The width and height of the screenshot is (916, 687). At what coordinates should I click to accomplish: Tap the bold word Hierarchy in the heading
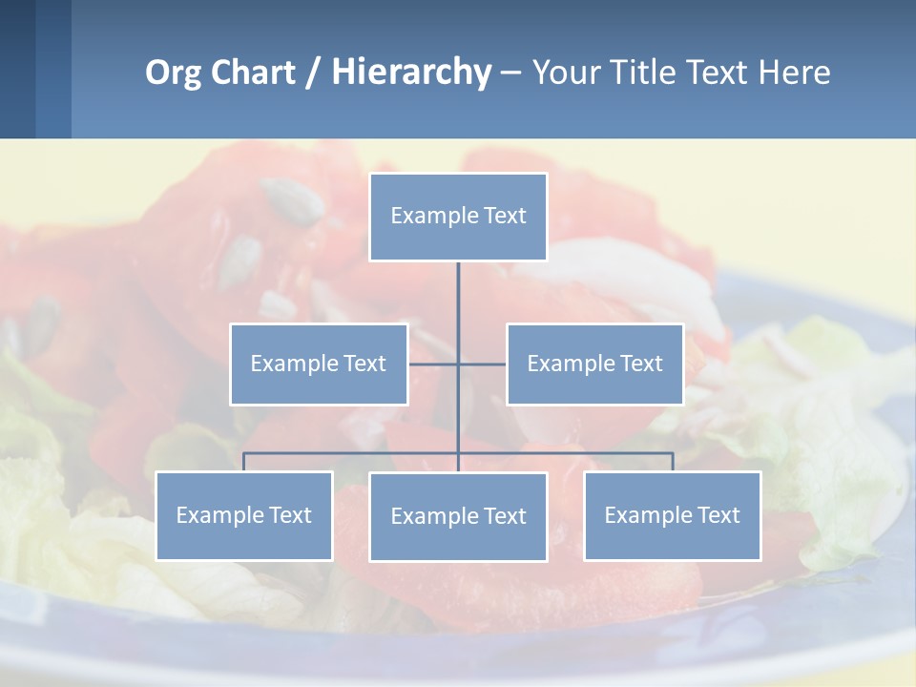411,73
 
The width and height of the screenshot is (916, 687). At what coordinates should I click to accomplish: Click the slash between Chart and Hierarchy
313,73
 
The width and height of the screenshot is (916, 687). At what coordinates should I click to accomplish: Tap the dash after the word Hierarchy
510,73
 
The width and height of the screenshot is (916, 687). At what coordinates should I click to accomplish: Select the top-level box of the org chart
458,217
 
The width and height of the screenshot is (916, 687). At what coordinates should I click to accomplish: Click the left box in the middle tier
319,364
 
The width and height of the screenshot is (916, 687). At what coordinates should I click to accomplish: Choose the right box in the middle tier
594,364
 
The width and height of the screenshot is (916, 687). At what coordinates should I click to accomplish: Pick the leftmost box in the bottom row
244,515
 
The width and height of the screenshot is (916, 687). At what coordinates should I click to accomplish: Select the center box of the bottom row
458,516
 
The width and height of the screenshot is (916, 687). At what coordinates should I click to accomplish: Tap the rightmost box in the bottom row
672,515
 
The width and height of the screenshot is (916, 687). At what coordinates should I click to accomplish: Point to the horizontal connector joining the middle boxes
434,364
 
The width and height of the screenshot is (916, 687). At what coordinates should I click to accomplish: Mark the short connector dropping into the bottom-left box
244,462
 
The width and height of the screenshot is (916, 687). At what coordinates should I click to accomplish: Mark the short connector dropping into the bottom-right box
673,462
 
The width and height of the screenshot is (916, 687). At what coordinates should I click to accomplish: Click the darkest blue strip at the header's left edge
17,69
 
